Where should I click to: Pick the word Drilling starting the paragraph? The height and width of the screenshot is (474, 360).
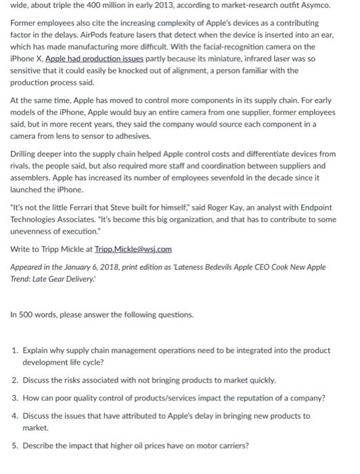click(x=24, y=154)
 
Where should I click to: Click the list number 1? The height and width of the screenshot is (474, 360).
click(x=15, y=351)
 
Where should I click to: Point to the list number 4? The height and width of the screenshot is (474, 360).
click(x=15, y=416)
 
